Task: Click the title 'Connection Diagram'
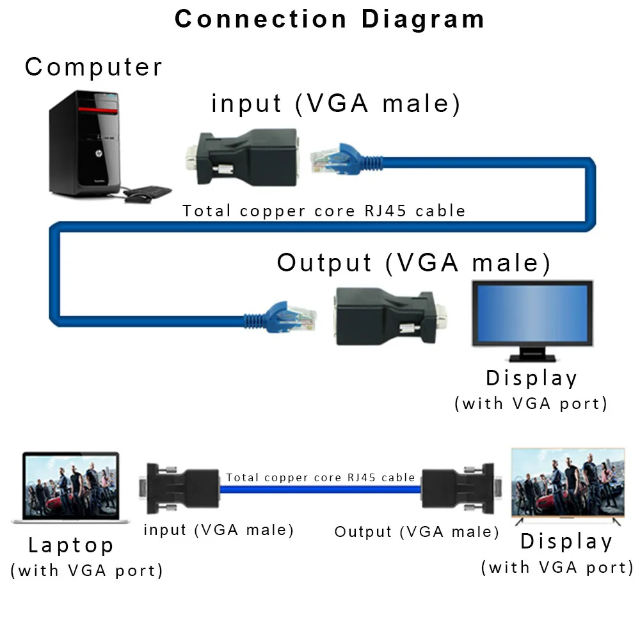click(x=329, y=19)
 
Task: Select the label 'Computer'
click(x=93, y=67)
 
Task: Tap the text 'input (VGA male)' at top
click(x=336, y=104)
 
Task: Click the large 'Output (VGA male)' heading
click(x=413, y=262)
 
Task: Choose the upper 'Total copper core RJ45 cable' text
click(x=324, y=211)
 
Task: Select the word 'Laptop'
click(x=71, y=545)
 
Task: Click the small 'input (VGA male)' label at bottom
click(x=218, y=530)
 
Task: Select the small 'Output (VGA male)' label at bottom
click(x=417, y=532)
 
